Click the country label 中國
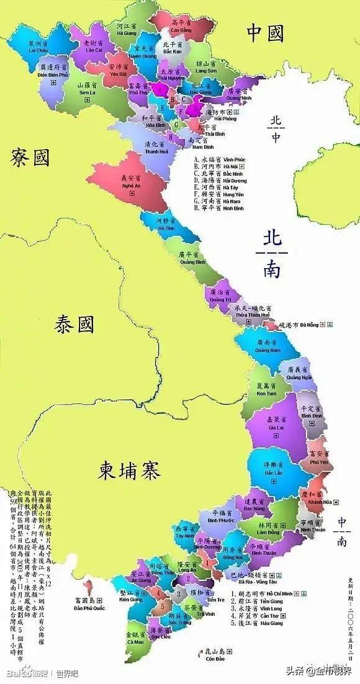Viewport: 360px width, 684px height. [x=265, y=32]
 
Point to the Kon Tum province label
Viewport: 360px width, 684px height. [x=267, y=390]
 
